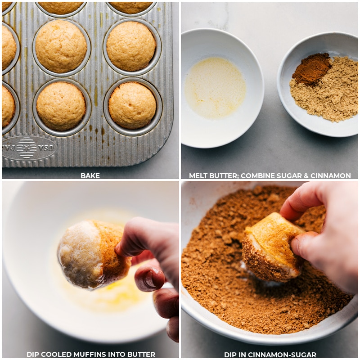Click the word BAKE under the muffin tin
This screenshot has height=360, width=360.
point(90,175)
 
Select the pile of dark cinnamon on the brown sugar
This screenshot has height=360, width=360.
point(311,68)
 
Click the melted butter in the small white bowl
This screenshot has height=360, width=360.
point(215,88)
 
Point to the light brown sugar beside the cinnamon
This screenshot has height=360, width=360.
point(326,97)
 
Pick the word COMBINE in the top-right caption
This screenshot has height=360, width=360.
point(256,175)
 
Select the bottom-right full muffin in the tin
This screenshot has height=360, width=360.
point(132,105)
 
